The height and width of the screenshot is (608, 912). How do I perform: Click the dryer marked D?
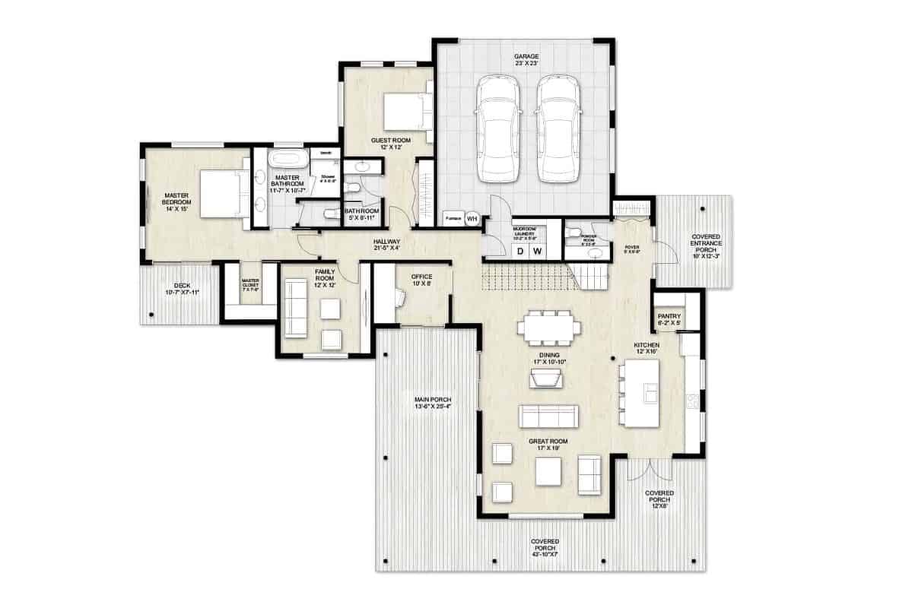tap(521, 251)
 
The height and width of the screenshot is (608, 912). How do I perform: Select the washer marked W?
tap(538, 251)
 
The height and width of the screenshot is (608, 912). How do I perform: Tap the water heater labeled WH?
tap(472, 218)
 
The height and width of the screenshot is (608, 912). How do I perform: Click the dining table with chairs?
tap(549, 328)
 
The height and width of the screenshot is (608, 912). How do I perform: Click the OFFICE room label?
tap(421, 277)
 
